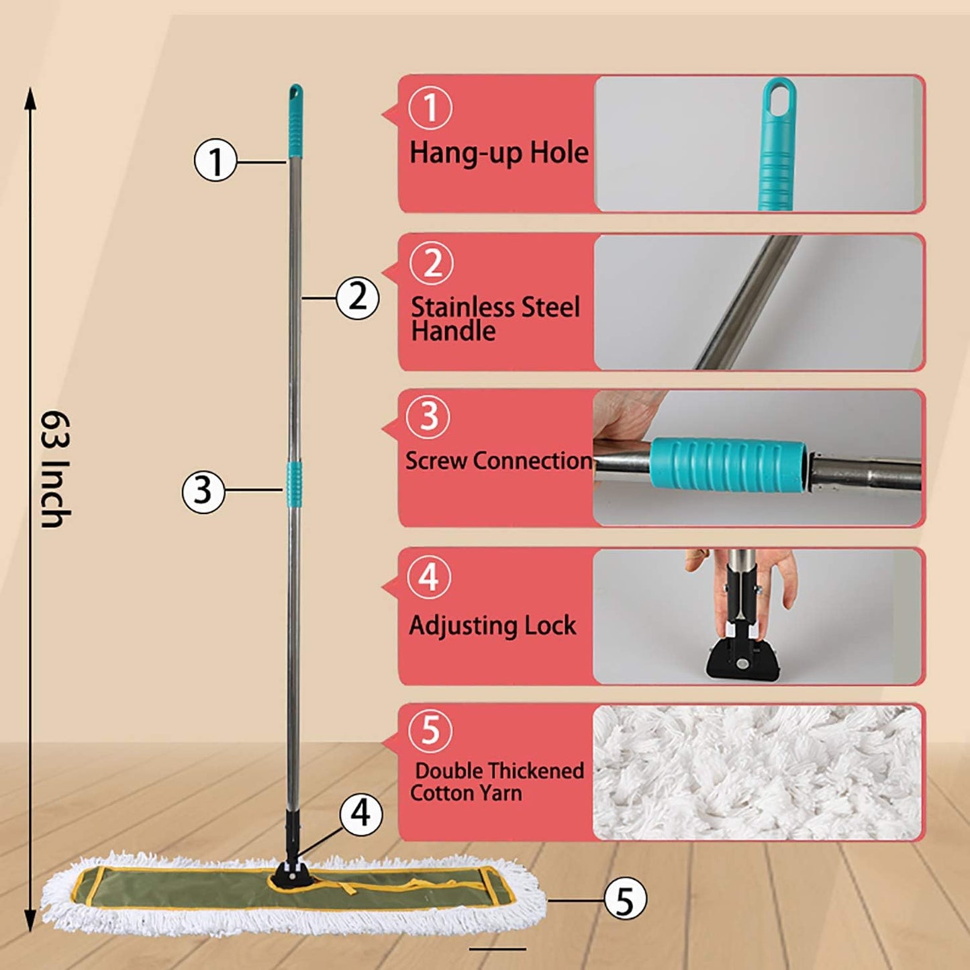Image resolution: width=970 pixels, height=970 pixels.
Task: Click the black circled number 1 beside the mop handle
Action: [x=215, y=161]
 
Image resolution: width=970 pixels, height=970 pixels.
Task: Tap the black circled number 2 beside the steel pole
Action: [x=357, y=297]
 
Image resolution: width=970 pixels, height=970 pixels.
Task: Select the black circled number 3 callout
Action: [x=203, y=491]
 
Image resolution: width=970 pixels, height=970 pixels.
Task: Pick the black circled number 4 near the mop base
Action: [x=360, y=814]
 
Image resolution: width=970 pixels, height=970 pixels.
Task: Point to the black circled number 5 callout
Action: [x=625, y=900]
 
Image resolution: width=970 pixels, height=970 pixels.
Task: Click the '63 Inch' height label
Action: [x=55, y=469]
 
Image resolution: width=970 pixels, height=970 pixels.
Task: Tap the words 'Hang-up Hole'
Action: [x=499, y=153]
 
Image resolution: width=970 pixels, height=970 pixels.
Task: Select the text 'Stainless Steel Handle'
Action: [x=495, y=319]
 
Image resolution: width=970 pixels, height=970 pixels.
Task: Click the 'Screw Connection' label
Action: [x=499, y=461]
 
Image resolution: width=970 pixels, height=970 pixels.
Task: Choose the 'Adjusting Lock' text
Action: [x=493, y=626]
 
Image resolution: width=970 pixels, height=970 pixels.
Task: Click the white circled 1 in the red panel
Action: [x=430, y=108]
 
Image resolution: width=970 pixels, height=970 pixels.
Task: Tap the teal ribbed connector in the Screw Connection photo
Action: [x=728, y=464]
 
